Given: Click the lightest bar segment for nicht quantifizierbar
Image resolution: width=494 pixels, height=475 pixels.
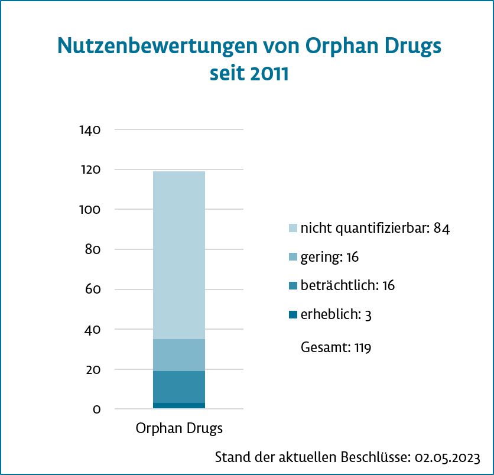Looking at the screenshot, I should [x=178, y=254].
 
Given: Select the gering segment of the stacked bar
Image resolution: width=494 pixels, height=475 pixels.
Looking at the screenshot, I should [x=178, y=355].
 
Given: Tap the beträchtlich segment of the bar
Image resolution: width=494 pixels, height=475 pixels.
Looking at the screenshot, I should [x=178, y=387].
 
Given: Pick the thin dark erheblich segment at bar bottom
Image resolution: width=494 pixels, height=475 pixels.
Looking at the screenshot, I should [x=178, y=405].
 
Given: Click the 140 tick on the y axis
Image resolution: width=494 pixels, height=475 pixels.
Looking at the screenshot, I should [x=90, y=129].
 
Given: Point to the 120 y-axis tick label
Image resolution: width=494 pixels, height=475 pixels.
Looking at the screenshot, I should [x=90, y=170].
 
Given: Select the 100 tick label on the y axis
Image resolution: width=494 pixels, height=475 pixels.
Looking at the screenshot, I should [x=90, y=210].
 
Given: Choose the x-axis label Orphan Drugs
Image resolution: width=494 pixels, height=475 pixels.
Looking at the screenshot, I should [x=179, y=428].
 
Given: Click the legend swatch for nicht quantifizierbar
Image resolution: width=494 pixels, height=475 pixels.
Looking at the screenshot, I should [x=293, y=228].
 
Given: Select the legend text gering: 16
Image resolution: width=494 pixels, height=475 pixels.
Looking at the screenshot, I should [x=330, y=257].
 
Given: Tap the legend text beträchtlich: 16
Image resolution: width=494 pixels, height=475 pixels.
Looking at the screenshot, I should [x=347, y=285].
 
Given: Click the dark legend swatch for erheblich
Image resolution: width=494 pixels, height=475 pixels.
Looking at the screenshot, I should [x=293, y=315].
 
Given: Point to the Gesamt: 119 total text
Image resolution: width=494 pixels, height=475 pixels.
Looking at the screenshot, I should [x=336, y=347].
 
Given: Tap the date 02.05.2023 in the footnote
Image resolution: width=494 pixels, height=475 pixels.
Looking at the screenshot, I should [x=447, y=457].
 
